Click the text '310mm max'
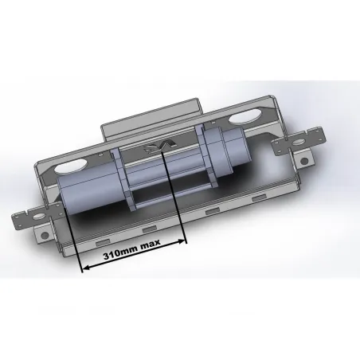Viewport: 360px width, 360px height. tap(132, 254)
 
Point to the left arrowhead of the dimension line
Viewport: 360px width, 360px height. tap(84, 268)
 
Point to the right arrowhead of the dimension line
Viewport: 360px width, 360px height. tap(181, 241)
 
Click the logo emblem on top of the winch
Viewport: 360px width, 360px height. tap(158, 147)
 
